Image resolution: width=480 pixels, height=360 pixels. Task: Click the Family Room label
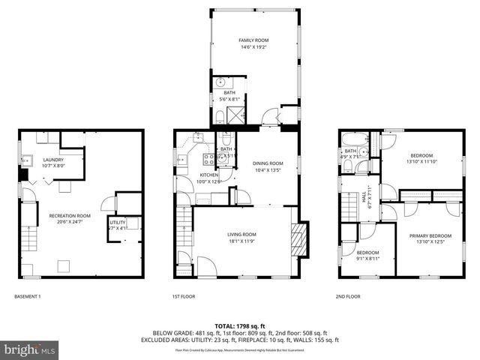[253, 44]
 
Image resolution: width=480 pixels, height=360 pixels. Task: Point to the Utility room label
[118, 225]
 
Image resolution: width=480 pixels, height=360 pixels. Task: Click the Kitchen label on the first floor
[187, 178]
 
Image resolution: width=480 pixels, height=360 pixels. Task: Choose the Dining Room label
[267, 166]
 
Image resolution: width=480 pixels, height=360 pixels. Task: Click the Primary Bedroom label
[430, 239]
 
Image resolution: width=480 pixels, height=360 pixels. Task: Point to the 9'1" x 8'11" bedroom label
[367, 256]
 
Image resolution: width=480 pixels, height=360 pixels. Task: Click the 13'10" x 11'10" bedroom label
[420, 158]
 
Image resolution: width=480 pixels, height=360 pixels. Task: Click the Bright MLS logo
[30, 349]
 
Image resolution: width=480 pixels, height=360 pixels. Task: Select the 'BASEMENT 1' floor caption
[28, 297]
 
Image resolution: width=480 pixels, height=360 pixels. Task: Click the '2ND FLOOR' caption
[348, 297]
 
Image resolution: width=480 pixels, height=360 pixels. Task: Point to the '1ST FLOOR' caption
[184, 297]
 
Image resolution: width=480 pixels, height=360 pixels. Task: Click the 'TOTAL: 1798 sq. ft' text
[240, 326]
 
